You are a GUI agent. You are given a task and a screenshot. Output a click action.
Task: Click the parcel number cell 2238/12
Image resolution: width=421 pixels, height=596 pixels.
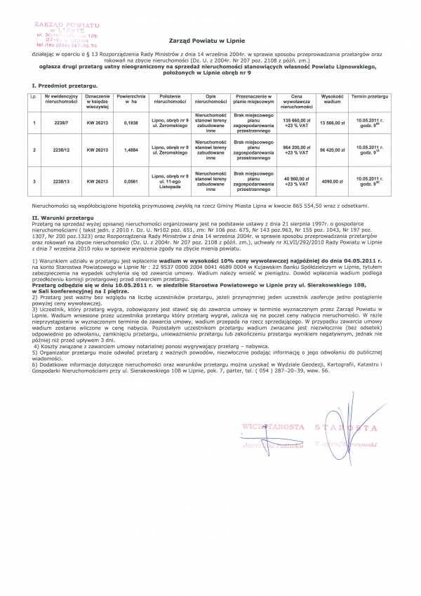(x=55, y=150)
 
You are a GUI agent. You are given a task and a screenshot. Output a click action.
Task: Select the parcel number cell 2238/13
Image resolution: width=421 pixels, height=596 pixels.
(x=55, y=180)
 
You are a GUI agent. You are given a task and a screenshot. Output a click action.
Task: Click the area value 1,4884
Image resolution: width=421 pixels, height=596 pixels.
(x=131, y=150)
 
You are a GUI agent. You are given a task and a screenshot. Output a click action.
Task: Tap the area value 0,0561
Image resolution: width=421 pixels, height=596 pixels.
(x=131, y=180)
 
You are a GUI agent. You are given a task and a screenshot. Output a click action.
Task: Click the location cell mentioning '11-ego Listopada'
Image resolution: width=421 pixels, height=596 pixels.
(x=167, y=180)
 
